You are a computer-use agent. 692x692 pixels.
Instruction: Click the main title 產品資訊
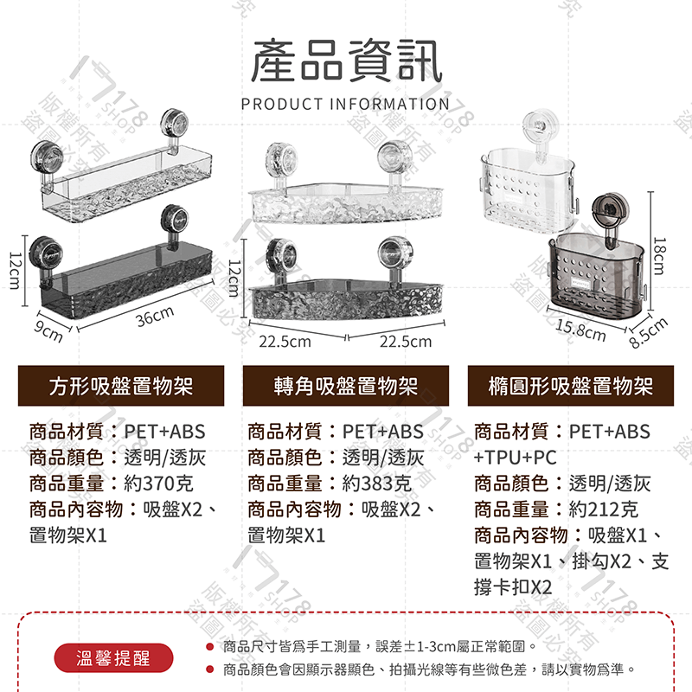(x=346, y=63)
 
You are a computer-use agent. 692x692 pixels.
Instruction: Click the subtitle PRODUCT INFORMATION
(x=346, y=105)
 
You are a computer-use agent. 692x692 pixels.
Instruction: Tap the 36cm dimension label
(x=156, y=317)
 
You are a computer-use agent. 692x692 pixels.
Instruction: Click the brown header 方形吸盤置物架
(x=121, y=386)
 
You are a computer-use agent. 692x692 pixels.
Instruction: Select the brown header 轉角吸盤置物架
(x=346, y=386)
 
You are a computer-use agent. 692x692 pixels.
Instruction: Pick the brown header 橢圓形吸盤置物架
(x=570, y=386)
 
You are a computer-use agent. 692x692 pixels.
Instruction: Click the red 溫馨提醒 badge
(x=113, y=658)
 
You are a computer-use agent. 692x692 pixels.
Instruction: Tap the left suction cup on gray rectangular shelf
(x=45, y=253)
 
